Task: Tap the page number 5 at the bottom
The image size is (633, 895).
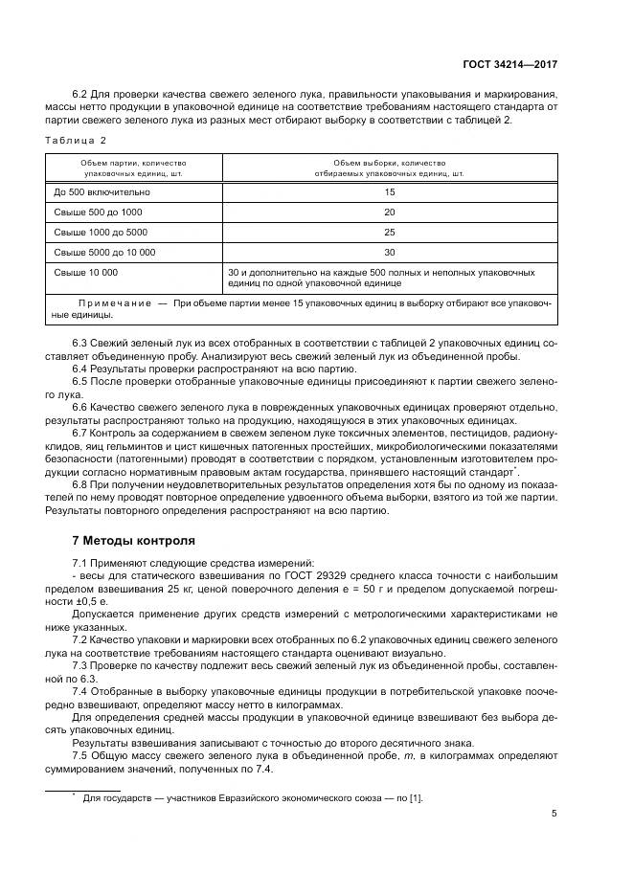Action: click(554, 813)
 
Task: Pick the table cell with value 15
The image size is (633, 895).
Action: click(389, 192)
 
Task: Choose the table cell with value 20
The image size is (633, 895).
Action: click(389, 213)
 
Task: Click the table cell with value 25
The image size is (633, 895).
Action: click(389, 233)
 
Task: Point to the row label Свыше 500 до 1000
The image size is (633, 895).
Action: click(98, 213)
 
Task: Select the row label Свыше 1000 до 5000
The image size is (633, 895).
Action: click(101, 233)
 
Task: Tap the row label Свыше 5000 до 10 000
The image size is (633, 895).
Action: click(104, 253)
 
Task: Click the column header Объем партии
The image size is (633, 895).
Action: click(134, 168)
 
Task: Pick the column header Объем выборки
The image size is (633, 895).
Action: click(389, 168)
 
